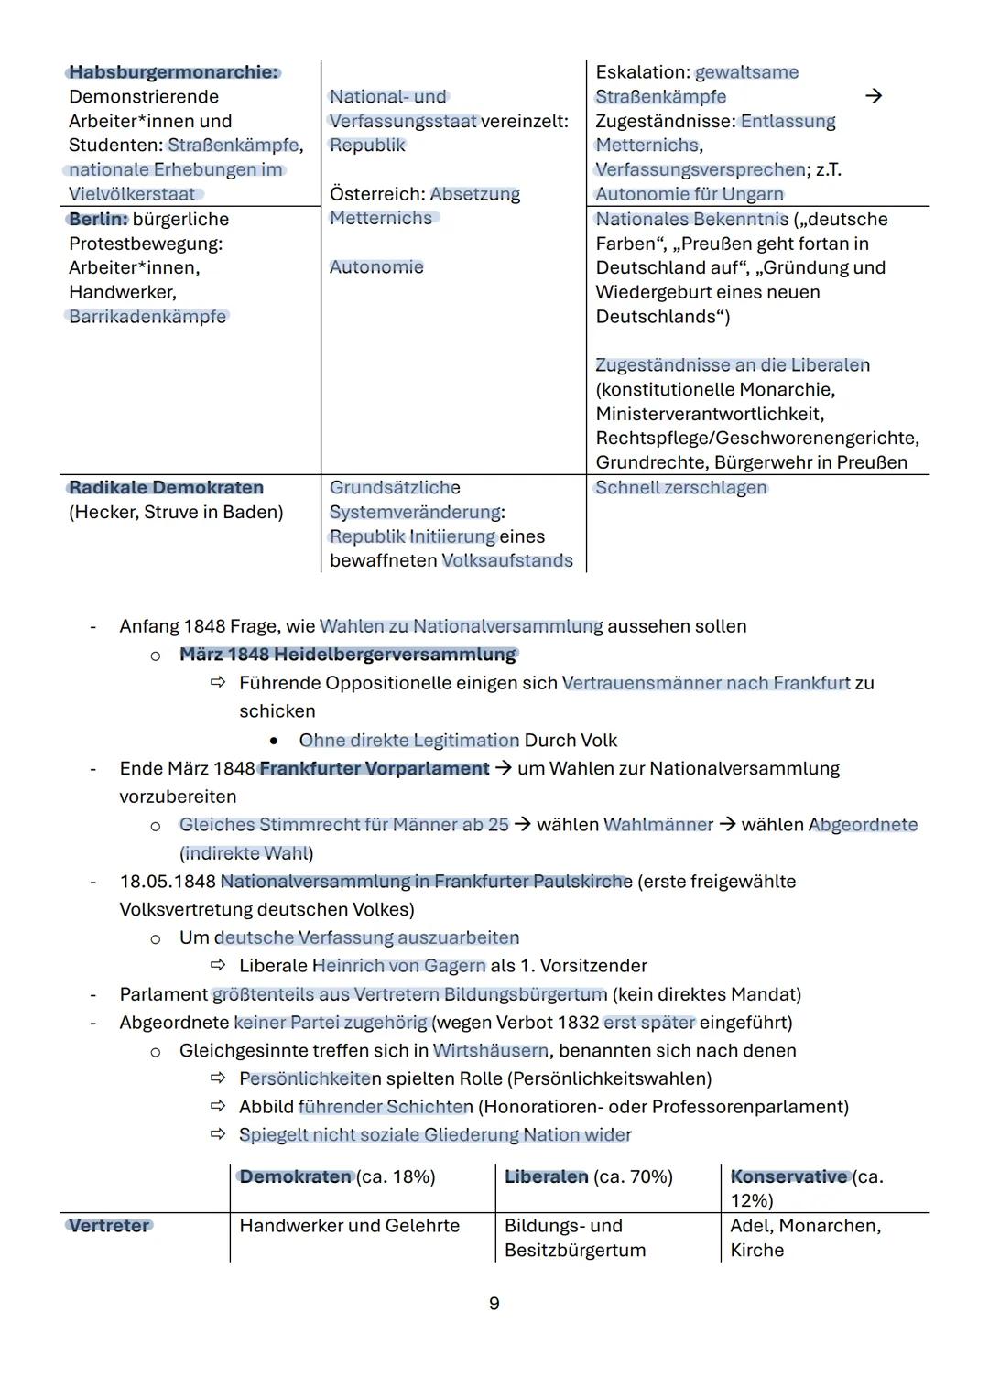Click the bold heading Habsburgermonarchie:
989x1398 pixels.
173,72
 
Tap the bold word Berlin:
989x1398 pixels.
98,219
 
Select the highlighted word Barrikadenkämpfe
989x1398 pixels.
147,317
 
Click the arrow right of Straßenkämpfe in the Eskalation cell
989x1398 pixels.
874,96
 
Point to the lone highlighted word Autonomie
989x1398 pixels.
376,267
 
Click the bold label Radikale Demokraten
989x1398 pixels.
166,488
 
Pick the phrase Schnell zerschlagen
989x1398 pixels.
681,488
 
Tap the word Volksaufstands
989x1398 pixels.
507,561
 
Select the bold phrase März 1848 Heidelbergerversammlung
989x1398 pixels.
348,655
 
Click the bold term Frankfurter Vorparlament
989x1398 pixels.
374,769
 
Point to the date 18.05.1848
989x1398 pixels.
168,882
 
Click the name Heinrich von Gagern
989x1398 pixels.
399,966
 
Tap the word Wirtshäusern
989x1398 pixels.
490,1051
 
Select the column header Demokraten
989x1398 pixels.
295,1177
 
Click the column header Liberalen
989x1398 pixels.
547,1177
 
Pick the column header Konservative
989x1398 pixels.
788,1177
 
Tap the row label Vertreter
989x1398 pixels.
109,1226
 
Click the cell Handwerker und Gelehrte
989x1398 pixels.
349,1226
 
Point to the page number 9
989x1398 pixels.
494,1304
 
